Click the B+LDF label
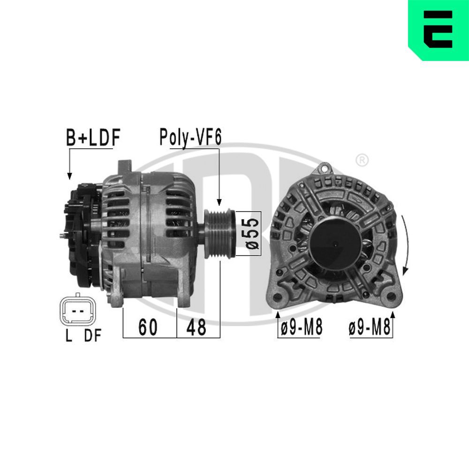[93, 137]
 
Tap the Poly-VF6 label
[190, 137]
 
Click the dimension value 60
[148, 327]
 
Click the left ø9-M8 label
[301, 327]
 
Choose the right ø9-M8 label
[369, 327]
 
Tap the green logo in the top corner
[439, 30]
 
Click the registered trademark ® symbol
[362, 160]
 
